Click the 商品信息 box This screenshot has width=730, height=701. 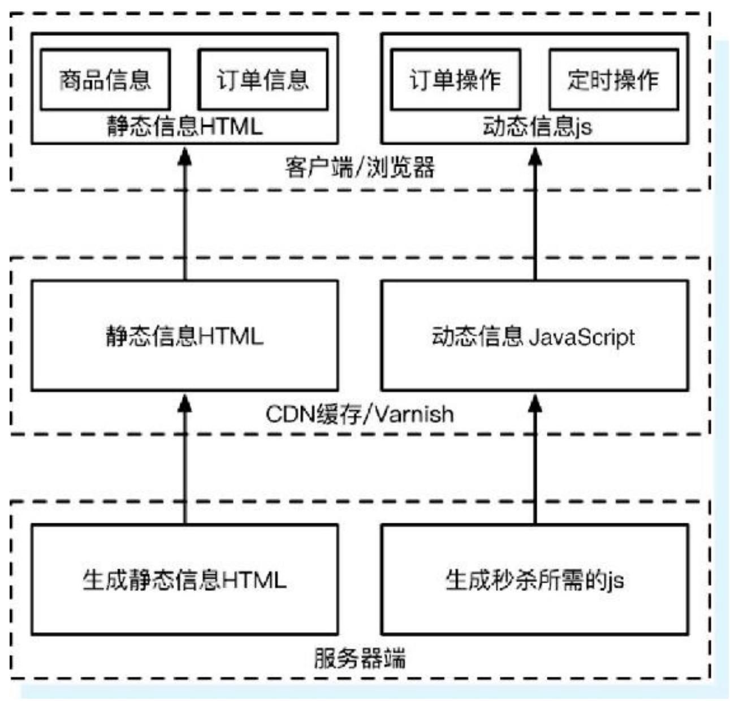click(105, 80)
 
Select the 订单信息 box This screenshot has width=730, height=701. click(263, 80)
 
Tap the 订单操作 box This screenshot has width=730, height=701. click(456, 80)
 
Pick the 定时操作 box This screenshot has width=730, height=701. click(614, 80)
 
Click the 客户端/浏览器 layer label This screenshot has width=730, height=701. click(360, 168)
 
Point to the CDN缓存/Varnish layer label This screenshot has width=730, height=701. click(360, 414)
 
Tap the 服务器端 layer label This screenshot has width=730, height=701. click(360, 659)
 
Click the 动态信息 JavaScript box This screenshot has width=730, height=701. click(535, 336)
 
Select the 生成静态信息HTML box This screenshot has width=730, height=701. click(184, 579)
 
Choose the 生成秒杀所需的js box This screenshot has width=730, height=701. click(535, 579)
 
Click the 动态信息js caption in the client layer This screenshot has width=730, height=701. click(537, 126)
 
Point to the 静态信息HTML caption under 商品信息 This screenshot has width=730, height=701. click(185, 126)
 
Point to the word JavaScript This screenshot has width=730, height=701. click(582, 337)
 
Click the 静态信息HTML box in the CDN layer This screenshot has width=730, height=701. click(184, 336)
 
